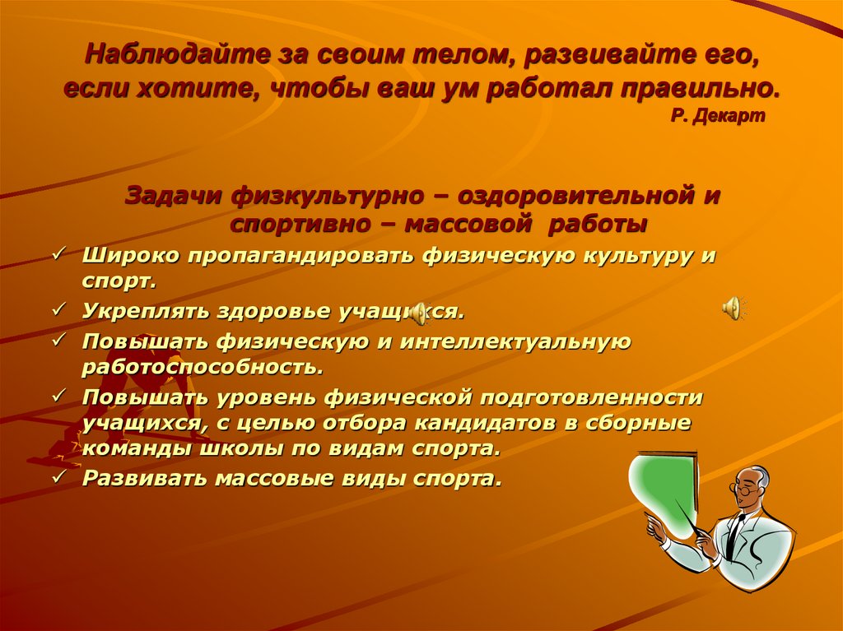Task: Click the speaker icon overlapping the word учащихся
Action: coord(419,312)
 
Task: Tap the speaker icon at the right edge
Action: coord(733,307)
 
